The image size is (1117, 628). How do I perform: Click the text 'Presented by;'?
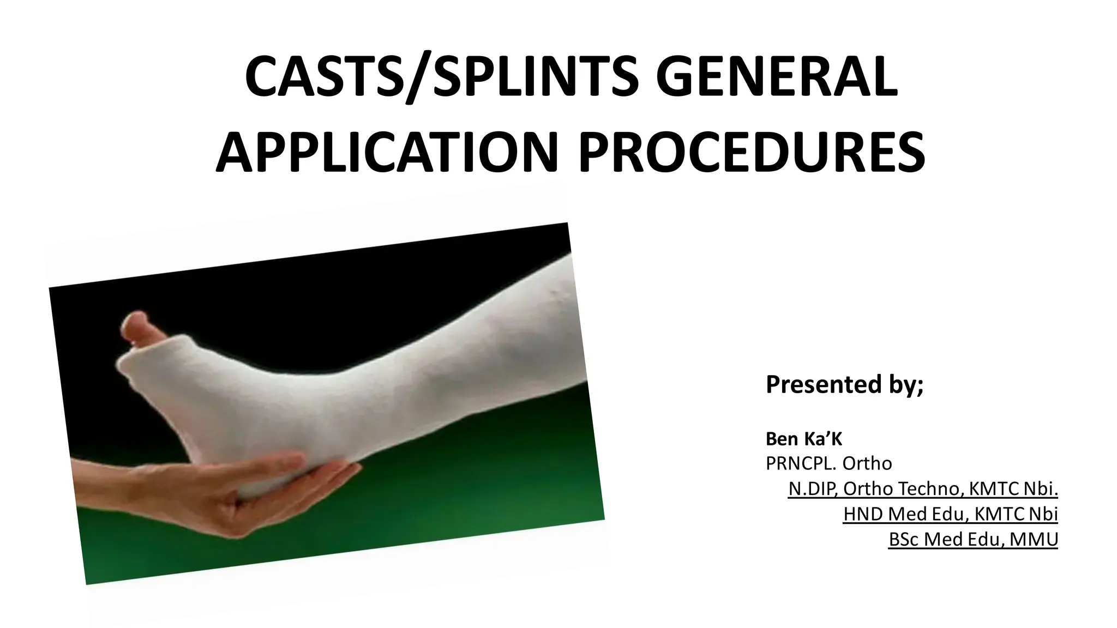click(844, 384)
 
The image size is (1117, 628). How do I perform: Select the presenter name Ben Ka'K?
click(804, 438)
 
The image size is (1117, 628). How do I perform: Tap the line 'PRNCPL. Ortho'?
click(828, 463)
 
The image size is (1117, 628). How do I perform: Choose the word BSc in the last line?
click(904, 539)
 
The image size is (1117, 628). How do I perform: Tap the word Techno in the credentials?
click(927, 489)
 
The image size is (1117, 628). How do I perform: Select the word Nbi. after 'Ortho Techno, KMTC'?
click(1041, 489)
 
